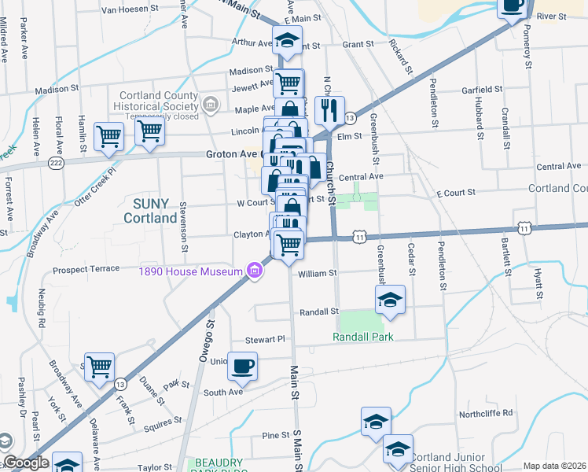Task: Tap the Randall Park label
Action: click(x=362, y=337)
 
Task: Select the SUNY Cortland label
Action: click(x=149, y=210)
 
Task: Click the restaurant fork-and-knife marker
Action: click(x=329, y=111)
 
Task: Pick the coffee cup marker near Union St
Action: click(x=244, y=367)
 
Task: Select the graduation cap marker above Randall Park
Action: click(x=390, y=299)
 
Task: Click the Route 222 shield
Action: click(x=54, y=161)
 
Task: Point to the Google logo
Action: click(x=25, y=463)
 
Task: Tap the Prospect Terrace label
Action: click(x=86, y=270)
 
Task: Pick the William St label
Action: click(x=318, y=274)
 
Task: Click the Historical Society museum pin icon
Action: click(x=210, y=104)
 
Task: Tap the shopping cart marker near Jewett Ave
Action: click(x=289, y=82)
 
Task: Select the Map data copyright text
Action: click(x=554, y=466)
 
